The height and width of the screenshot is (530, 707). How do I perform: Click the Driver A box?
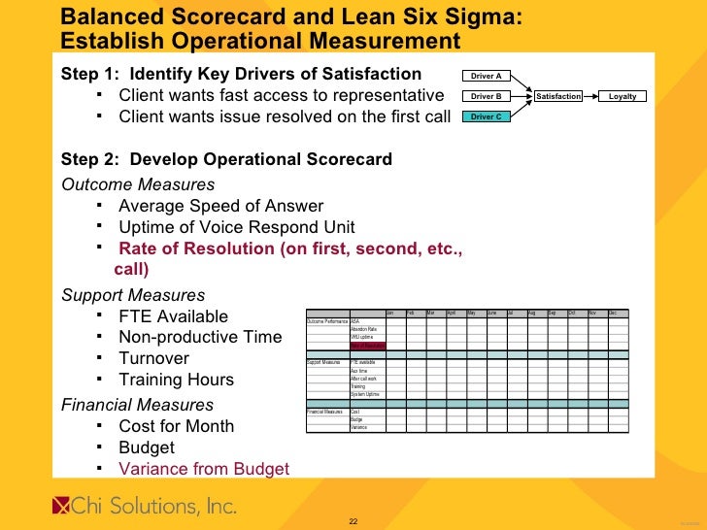486,76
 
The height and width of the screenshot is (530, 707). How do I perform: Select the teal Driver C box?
486,116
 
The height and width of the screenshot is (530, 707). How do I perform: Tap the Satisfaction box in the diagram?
558,96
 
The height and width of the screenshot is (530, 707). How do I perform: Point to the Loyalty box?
623,96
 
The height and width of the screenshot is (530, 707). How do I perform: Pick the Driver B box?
486,96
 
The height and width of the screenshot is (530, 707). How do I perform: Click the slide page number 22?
353,522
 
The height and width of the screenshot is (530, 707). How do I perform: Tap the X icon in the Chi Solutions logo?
61,506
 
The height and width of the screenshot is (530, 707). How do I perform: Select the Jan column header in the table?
390,313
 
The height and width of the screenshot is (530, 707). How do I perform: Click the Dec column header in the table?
613,313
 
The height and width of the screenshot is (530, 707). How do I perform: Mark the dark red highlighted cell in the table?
368,346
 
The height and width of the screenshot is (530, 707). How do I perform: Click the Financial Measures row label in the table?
326,412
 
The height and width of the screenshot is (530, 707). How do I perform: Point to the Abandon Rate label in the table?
365,329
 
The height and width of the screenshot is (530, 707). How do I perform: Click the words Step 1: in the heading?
91,75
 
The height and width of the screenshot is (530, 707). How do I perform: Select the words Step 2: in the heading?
91,159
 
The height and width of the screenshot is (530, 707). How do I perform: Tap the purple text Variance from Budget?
204,469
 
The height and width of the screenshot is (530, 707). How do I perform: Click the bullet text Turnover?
156,358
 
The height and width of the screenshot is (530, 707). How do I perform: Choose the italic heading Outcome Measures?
138,184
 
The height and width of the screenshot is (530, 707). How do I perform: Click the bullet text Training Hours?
176,380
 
